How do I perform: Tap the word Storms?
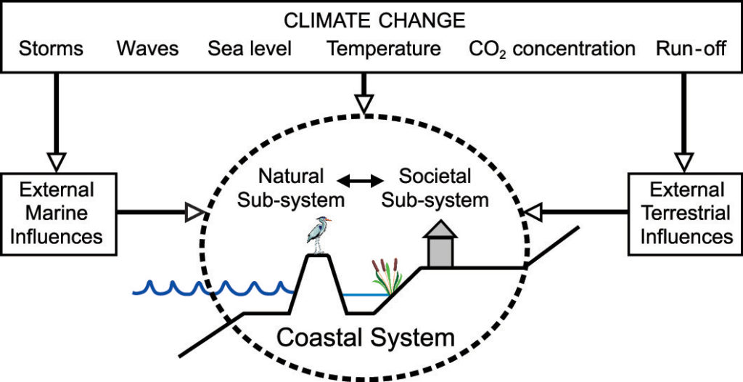[52, 49]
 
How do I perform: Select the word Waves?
[148, 49]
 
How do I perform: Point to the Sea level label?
[250, 49]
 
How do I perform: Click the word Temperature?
[384, 49]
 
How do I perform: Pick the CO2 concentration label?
[552, 49]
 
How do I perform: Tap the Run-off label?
[691, 49]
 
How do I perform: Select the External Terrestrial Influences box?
[685, 214]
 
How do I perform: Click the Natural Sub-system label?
[290, 188]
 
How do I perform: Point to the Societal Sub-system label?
[435, 188]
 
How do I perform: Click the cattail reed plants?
[387, 277]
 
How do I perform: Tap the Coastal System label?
[366, 338]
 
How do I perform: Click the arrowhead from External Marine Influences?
[194, 213]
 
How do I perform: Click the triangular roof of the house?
[440, 229]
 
